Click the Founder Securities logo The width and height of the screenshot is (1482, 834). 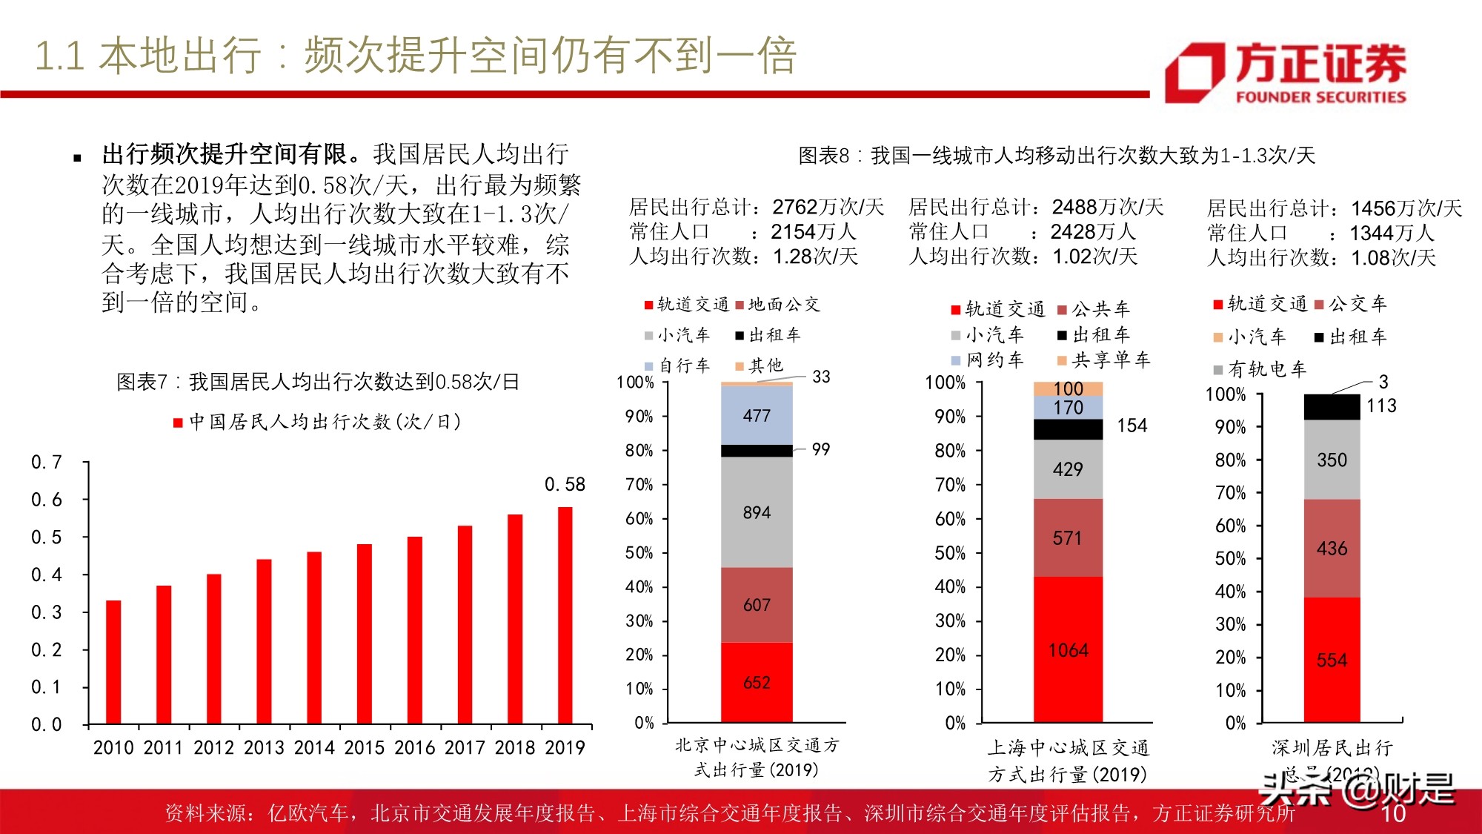click(1286, 72)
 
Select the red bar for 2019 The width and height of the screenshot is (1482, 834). click(565, 615)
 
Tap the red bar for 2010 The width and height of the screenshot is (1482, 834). click(113, 662)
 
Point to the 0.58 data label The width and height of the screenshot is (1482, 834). click(565, 485)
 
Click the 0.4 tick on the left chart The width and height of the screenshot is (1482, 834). click(46, 575)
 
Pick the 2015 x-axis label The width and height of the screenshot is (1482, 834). click(365, 747)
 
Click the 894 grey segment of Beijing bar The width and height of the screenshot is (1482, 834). click(757, 512)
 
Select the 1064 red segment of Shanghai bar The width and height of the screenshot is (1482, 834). click(1068, 650)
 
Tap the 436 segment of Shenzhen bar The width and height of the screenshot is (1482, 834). click(1332, 549)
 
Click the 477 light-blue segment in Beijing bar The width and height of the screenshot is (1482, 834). click(757, 415)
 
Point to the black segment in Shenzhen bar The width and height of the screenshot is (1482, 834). click(1332, 407)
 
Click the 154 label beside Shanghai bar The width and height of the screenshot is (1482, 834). click(1132, 426)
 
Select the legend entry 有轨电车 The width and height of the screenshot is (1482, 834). click(1260, 369)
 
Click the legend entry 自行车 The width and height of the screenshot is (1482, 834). click(677, 365)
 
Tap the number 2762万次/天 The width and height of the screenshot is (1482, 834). click(828, 207)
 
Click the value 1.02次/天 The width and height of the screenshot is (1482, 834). click(1094, 257)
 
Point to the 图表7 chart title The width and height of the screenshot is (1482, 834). click(318, 382)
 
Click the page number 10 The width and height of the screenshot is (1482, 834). click(1393, 813)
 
